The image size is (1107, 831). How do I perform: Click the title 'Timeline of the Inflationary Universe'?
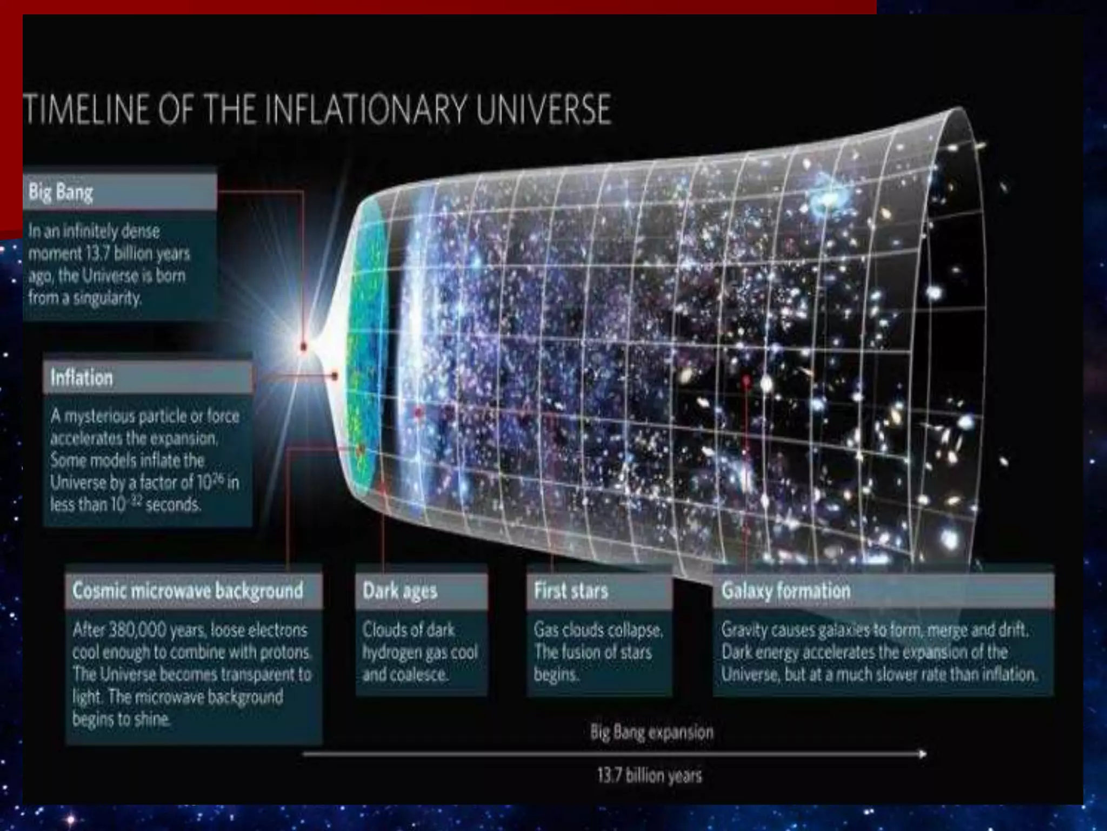point(318,110)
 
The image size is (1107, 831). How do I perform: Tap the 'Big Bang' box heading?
point(61,193)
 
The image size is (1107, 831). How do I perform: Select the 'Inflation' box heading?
point(82,377)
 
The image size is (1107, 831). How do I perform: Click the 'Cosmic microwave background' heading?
point(188,590)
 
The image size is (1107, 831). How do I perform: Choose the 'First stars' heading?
point(571,590)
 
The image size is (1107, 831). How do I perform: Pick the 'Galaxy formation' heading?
point(785,590)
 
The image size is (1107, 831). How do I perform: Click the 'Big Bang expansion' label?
point(652,733)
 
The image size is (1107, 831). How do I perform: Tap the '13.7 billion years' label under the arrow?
point(649,775)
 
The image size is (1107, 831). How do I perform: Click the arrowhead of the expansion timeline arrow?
point(922,754)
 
